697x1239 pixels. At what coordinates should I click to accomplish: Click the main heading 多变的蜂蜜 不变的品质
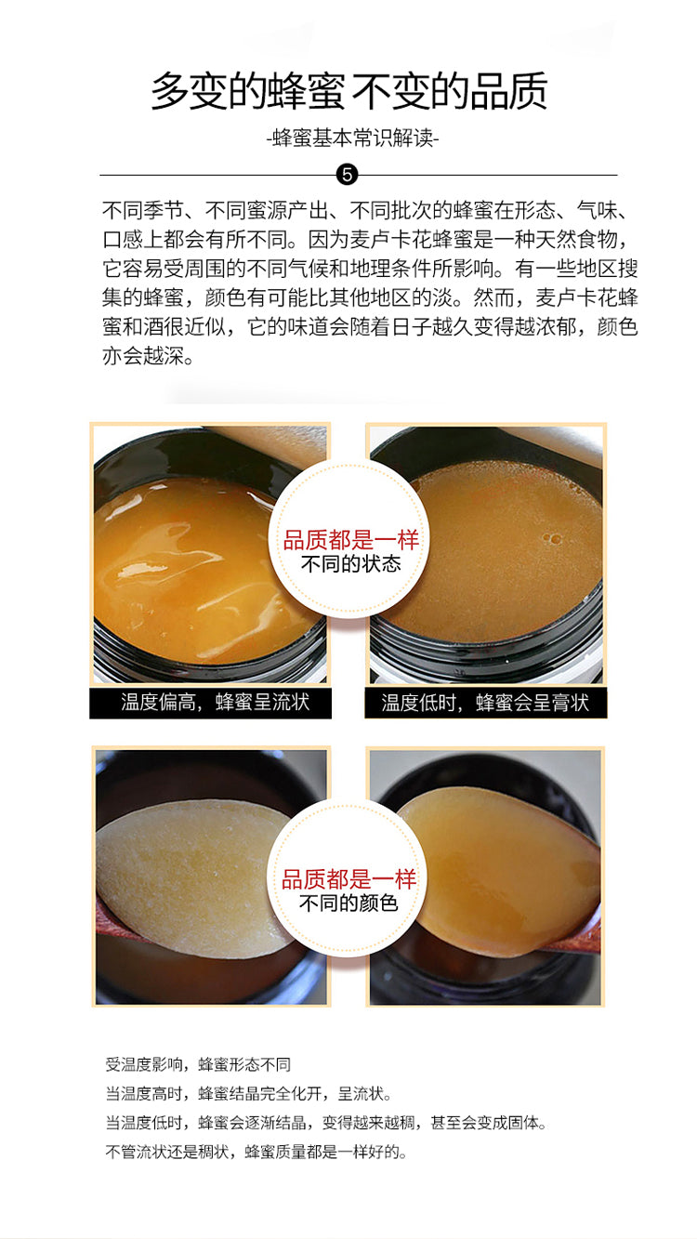[x=349, y=91]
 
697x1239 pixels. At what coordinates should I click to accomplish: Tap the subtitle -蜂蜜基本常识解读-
[x=352, y=138]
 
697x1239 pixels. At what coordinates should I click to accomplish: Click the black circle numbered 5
[x=348, y=175]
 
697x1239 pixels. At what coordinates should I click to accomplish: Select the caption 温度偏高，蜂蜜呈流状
[x=216, y=703]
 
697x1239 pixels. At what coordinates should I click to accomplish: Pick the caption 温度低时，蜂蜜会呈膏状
[x=485, y=703]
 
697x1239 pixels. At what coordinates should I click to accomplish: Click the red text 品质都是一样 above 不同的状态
[x=350, y=540]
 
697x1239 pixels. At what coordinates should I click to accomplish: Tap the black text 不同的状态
[x=350, y=564]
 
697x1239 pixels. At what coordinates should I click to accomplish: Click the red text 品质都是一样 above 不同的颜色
[x=348, y=879]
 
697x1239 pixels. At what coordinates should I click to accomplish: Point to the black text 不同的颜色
[x=348, y=903]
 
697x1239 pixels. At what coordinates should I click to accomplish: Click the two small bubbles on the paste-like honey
[x=551, y=538]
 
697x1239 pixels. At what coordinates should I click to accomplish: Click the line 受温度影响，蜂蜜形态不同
[x=198, y=1063]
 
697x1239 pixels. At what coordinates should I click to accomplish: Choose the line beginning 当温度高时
[x=249, y=1093]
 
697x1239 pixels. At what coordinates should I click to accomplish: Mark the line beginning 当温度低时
[x=326, y=1122]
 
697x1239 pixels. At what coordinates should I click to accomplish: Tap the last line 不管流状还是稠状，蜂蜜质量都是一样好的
[x=256, y=1153]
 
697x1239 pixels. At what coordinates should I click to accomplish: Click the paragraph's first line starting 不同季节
[x=365, y=210]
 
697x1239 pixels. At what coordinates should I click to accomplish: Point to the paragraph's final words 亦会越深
[x=149, y=356]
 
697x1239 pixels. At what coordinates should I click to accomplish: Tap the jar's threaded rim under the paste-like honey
[x=486, y=652]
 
